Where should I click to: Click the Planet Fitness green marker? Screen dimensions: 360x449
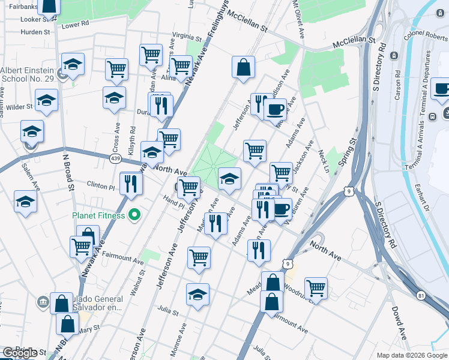pos(135,215)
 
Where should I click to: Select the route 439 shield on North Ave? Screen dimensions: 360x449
pos(115,158)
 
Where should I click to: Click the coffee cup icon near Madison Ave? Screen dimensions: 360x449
pos(276,109)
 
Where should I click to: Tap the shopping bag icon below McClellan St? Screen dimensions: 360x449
pos(244,68)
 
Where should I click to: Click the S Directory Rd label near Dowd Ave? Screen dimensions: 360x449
pos(385,226)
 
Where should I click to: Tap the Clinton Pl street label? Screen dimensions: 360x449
pos(100,185)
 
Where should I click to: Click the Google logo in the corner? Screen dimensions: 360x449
pos(20,353)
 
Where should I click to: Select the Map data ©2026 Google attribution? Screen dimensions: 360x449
pos(411,355)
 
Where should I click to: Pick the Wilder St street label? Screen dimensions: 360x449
pos(19,107)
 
